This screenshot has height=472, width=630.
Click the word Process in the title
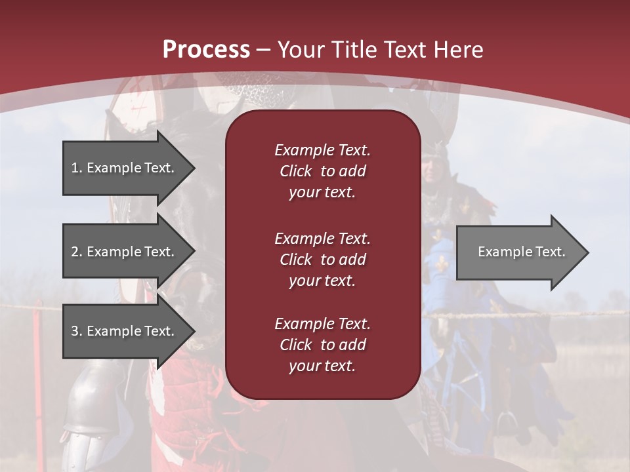point(206,49)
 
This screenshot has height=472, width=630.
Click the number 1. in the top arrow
point(76,168)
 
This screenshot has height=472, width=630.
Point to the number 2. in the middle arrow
point(76,252)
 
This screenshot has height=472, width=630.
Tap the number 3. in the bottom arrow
point(76,331)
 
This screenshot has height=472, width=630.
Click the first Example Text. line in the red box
point(322,150)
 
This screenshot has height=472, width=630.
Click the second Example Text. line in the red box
point(322,238)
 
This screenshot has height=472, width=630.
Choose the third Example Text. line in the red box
point(322,324)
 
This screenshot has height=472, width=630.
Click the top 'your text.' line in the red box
point(322,193)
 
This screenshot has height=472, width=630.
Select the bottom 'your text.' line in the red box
point(322,366)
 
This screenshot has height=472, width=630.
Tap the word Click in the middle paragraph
point(296,260)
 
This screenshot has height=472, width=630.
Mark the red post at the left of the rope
point(37,328)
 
